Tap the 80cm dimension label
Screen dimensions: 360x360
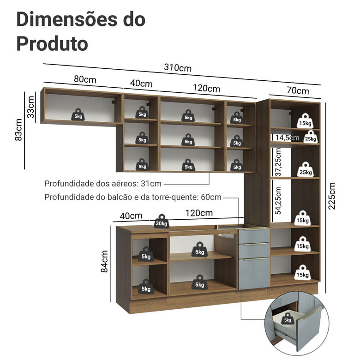[x=85, y=79]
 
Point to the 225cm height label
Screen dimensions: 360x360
[x=332, y=196]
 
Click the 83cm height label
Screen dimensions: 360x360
[x=18, y=129]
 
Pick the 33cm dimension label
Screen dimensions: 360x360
[x=31, y=108]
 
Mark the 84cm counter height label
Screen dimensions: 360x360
[x=105, y=261]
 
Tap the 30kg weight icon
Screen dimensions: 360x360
[x=162, y=221]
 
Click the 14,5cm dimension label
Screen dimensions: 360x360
[x=287, y=138]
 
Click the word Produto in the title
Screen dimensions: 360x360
[x=52, y=43]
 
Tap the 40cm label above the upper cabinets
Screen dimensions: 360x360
[x=141, y=84]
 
